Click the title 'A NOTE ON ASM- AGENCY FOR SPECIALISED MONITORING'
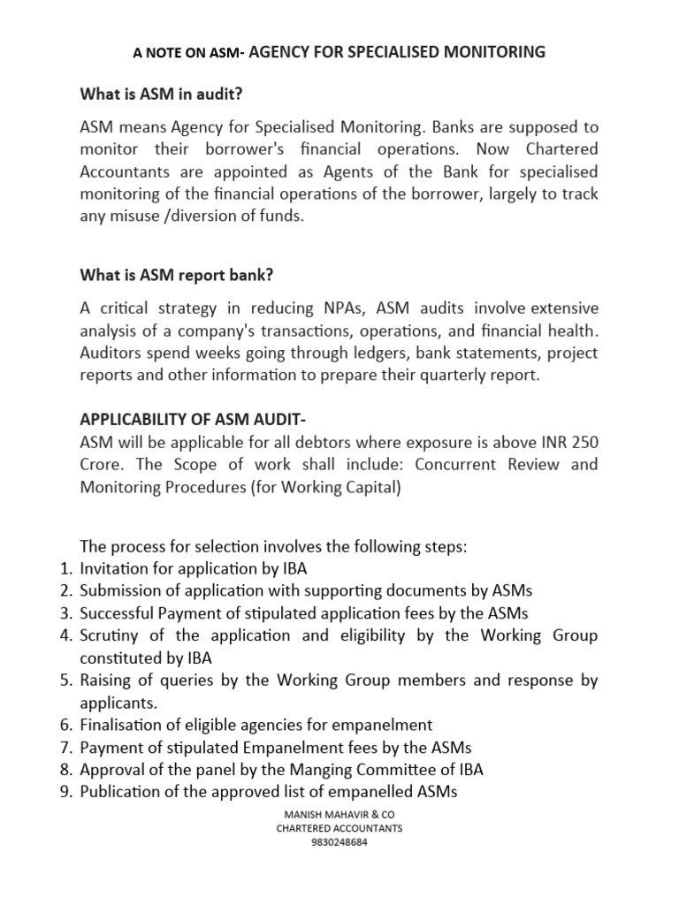[x=339, y=53]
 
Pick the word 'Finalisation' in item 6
[x=120, y=725]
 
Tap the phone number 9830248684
[x=339, y=841]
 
